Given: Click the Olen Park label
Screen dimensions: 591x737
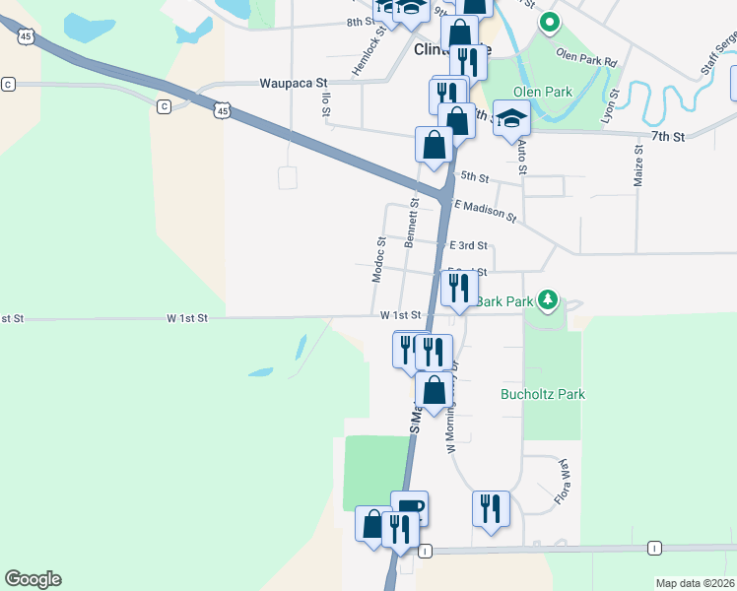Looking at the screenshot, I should point(543,93).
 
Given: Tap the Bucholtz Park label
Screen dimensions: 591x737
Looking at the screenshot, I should point(543,394).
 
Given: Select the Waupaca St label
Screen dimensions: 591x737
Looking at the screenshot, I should point(293,85).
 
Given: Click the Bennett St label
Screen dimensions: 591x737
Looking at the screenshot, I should point(413,223).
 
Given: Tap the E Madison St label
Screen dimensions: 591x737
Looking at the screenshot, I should point(485,209).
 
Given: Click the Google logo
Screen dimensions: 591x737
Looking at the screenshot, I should point(33,579).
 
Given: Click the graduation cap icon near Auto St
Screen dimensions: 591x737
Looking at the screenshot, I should point(511,120).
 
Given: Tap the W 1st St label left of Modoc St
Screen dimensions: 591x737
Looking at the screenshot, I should point(187,318).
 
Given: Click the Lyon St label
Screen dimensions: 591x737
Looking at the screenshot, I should point(612,104).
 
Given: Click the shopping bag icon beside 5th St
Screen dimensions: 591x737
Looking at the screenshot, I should point(434,146).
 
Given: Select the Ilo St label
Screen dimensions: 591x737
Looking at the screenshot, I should point(324,102).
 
